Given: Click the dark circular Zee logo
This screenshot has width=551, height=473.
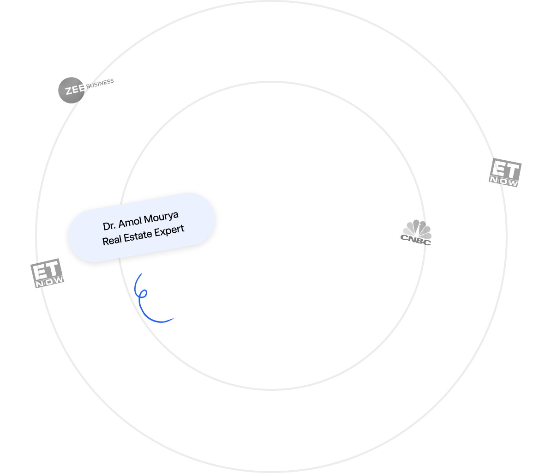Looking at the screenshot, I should point(71,89).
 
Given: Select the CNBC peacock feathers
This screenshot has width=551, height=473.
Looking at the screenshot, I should point(417,228).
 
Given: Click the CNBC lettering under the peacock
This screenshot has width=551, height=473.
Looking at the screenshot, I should point(417,239).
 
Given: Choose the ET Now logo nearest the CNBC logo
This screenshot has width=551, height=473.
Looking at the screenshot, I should point(505,172).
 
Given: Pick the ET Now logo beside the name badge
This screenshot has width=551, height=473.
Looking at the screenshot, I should point(47,273).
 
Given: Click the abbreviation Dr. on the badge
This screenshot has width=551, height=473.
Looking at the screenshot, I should point(110,225).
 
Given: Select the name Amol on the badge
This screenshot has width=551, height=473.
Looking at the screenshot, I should point(130,222).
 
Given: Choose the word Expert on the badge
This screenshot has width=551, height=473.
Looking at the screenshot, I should point(170,230).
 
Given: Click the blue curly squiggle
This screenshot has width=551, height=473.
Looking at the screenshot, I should point(148,300).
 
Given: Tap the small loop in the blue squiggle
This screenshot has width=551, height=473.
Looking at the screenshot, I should point(144,294).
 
